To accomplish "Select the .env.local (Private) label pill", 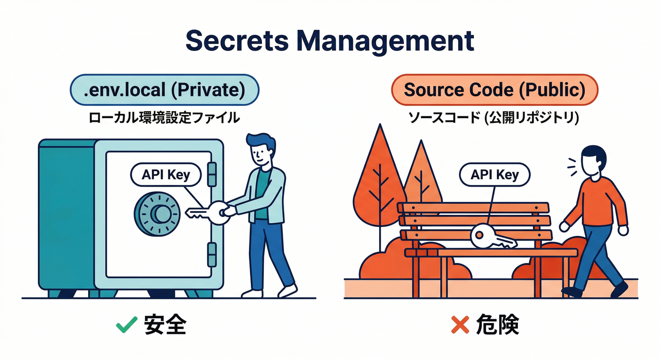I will [164, 90].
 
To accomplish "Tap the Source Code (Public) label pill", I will [495, 90].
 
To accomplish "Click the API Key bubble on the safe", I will [165, 175].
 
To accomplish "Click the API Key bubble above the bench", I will [495, 175].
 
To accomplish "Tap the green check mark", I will [127, 325].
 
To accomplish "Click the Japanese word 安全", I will [165, 325].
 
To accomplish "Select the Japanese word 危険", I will [498, 325].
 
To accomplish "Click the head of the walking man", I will [593, 160].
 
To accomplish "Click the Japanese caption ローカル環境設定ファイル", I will [164, 117].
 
